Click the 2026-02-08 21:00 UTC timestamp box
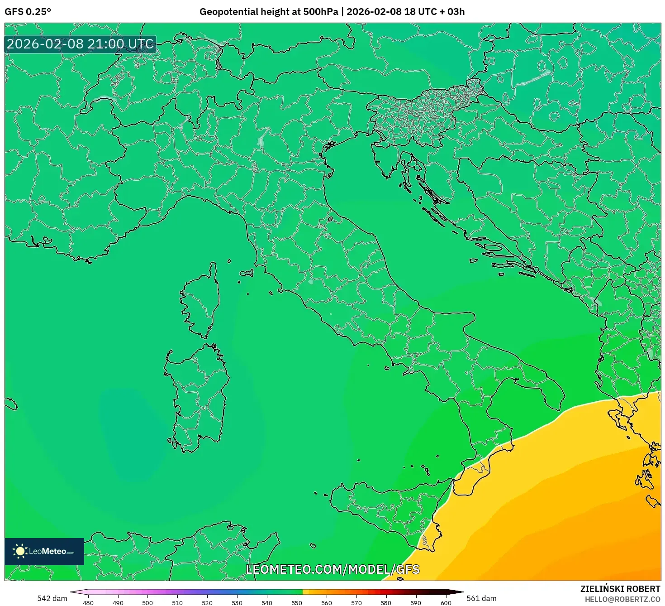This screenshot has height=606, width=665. [x=80, y=44]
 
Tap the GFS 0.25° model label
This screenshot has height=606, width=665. [x=28, y=12]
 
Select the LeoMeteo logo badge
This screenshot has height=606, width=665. [x=44, y=551]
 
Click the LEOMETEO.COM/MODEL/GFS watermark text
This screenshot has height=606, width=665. [x=332, y=569]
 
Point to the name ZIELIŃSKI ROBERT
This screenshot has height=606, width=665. [x=620, y=589]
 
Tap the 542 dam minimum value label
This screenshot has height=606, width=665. [x=52, y=598]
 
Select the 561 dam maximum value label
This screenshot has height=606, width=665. [x=481, y=598]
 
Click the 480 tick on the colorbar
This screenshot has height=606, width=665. [x=88, y=602]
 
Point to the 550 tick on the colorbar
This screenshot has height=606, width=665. [x=296, y=602]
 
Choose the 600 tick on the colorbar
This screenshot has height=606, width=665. [x=446, y=602]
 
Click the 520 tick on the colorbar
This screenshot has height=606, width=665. [x=207, y=602]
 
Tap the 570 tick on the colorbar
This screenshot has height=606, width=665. [x=356, y=602]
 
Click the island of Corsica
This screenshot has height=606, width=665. [x=201, y=301]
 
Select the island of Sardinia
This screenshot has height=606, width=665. [x=197, y=394]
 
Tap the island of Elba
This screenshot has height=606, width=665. [x=247, y=273]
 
